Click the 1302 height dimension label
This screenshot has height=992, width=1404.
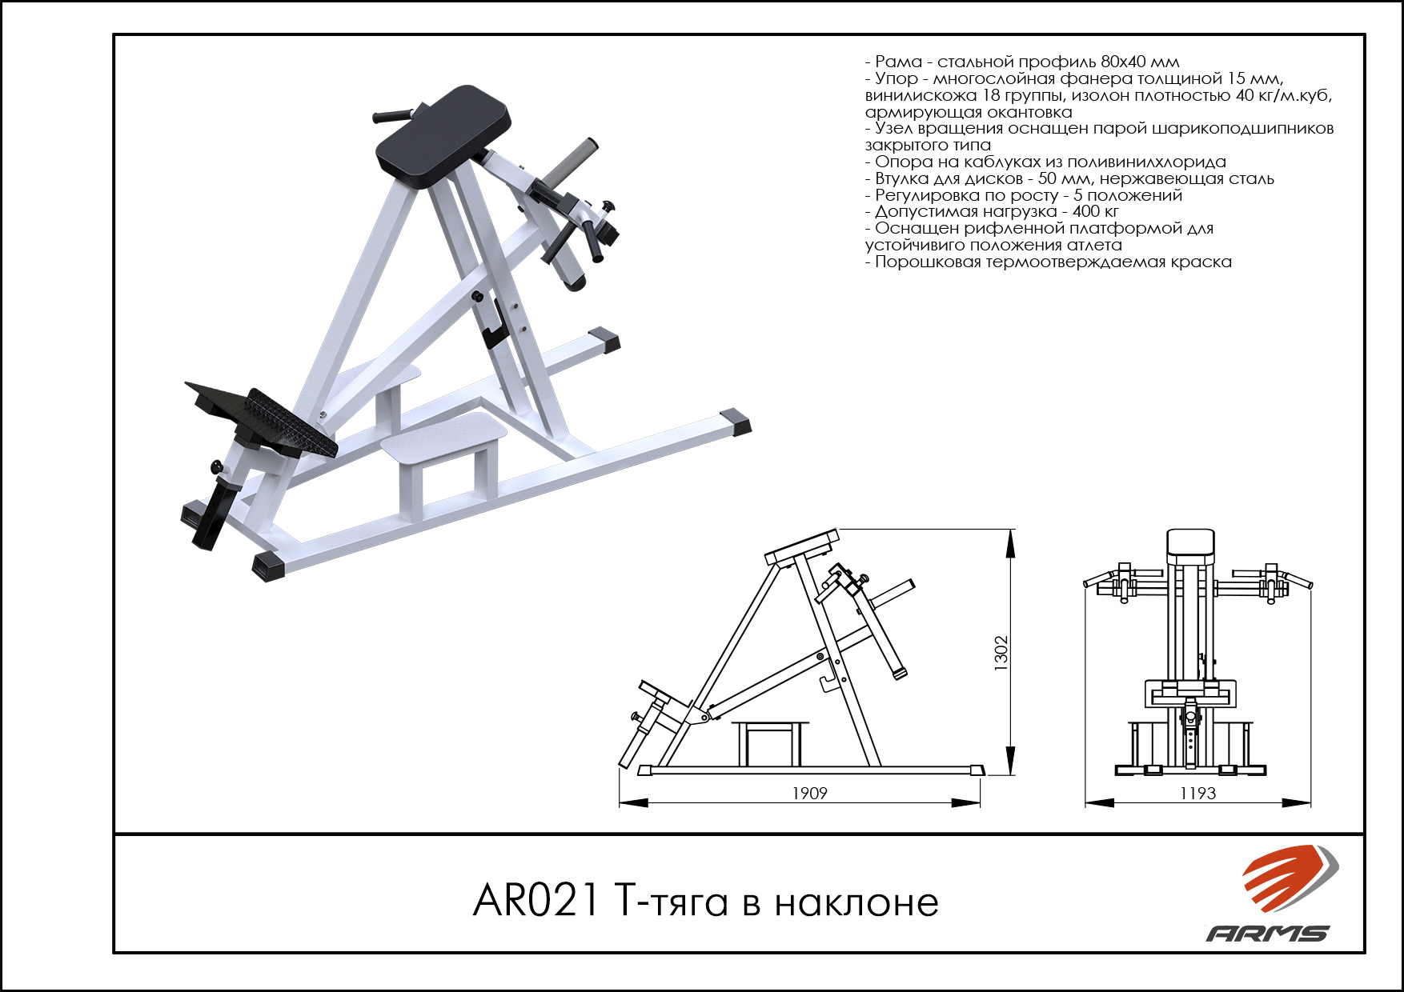1001,653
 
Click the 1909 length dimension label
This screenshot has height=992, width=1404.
809,793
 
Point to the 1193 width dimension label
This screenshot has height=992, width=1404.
1197,793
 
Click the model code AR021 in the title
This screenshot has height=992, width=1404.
536,901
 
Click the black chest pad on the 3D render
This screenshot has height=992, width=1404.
443,136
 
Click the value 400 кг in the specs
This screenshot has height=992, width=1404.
1095,211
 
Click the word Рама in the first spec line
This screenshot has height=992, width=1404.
898,62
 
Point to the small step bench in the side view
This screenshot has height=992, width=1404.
770,743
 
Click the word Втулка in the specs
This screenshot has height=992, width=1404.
902,178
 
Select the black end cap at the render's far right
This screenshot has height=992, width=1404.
735,422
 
